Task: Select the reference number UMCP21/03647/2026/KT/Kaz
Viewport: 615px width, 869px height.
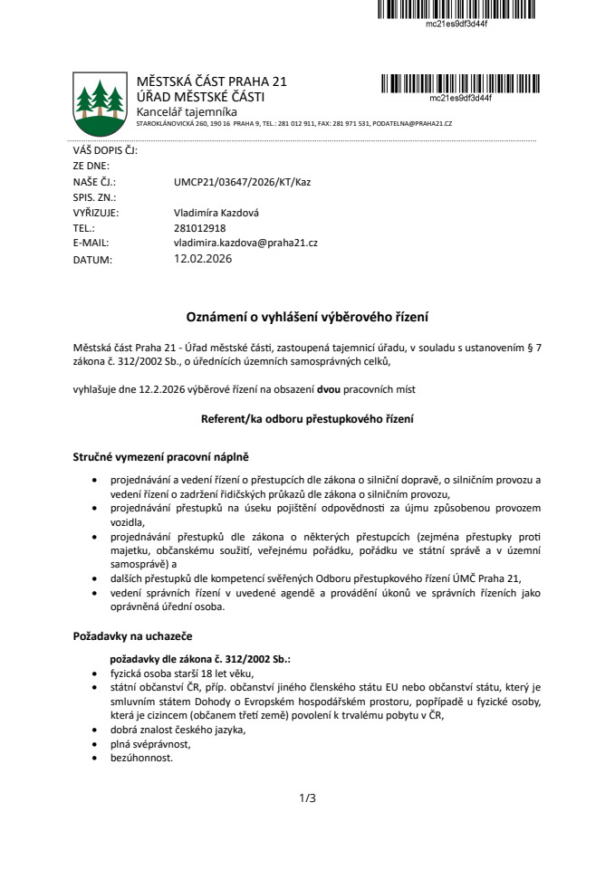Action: coord(242,182)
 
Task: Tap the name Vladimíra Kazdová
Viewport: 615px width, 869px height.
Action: coord(216,213)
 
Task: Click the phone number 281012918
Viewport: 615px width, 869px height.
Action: coord(199,228)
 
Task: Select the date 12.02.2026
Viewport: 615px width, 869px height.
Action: coord(203,259)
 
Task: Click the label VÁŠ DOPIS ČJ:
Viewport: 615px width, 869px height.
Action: coord(104,150)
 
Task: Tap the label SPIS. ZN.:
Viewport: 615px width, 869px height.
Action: coord(94,196)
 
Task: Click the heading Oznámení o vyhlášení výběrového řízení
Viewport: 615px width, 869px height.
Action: coord(307,317)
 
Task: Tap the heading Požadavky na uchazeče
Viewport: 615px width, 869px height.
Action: coord(131,636)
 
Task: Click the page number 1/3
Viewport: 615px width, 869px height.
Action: coord(307,797)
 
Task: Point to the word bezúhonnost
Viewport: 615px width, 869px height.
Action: coord(141,758)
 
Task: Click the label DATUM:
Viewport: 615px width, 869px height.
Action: coord(92,260)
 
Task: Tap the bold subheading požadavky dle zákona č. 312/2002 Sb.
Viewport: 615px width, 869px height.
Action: coord(199,659)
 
